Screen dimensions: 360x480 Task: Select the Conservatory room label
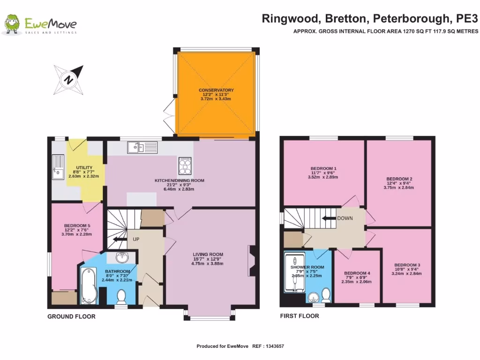pyautogui.click(x=216, y=90)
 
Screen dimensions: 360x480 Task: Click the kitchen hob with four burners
pyautogui.click(x=185, y=165)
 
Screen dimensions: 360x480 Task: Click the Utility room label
pyautogui.click(x=84, y=167)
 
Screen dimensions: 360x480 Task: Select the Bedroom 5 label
pyautogui.click(x=77, y=225)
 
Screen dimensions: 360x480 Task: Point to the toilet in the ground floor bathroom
pyautogui.click(x=121, y=296)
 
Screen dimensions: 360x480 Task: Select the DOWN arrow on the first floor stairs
pyautogui.click(x=329, y=218)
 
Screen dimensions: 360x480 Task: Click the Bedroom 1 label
pyautogui.click(x=323, y=169)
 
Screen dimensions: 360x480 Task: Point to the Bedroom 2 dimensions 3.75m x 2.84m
pyautogui.click(x=399, y=187)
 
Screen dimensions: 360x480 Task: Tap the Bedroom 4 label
pyautogui.click(x=357, y=273)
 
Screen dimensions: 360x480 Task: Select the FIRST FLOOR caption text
pyautogui.click(x=299, y=316)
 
